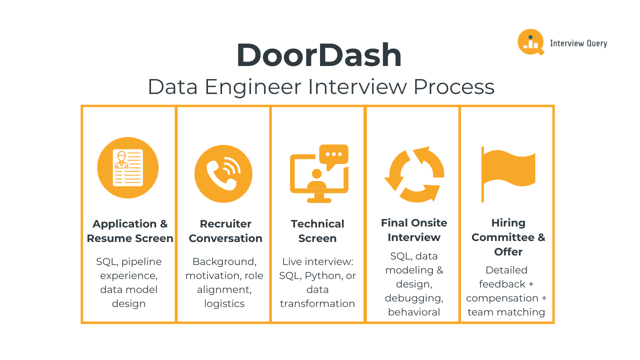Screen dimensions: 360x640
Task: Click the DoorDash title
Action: [319, 55]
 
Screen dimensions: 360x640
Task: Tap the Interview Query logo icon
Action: [530, 42]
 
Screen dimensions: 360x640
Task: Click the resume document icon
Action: [128, 167]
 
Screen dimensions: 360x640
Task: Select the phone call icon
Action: [223, 174]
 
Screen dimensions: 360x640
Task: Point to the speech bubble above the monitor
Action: [333, 156]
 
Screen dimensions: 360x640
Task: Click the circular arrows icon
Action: [414, 174]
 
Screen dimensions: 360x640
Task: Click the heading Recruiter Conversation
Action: [225, 231]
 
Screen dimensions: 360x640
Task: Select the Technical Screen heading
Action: [317, 231]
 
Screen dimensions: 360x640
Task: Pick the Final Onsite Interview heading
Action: [414, 230]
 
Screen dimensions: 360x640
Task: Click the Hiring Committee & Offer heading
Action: [508, 237]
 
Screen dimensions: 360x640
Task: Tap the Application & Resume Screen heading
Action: [130, 231]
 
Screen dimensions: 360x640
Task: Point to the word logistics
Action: [224, 303]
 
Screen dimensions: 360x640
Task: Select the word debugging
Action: [414, 298]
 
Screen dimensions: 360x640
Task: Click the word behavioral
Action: [414, 312]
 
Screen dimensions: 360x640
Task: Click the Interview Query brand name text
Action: [578, 43]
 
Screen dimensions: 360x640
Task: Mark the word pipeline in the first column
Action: [141, 261]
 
